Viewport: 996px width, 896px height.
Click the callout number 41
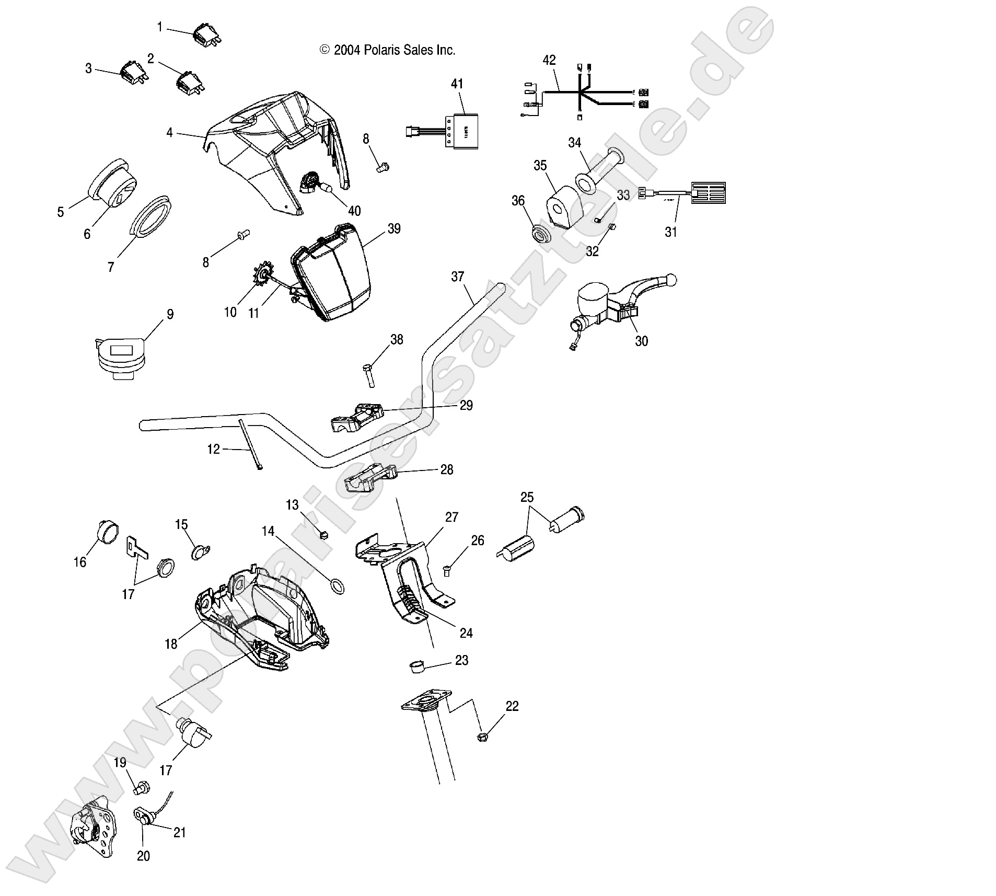[457, 84]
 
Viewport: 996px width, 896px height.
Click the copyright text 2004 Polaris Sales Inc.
[387, 50]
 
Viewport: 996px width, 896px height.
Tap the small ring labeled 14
[338, 587]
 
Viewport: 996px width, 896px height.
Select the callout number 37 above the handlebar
[457, 277]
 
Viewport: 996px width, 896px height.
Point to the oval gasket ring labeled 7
[150, 220]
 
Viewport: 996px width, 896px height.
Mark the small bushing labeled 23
[416, 667]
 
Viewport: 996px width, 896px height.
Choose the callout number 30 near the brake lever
[641, 341]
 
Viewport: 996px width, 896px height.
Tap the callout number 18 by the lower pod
[171, 644]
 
